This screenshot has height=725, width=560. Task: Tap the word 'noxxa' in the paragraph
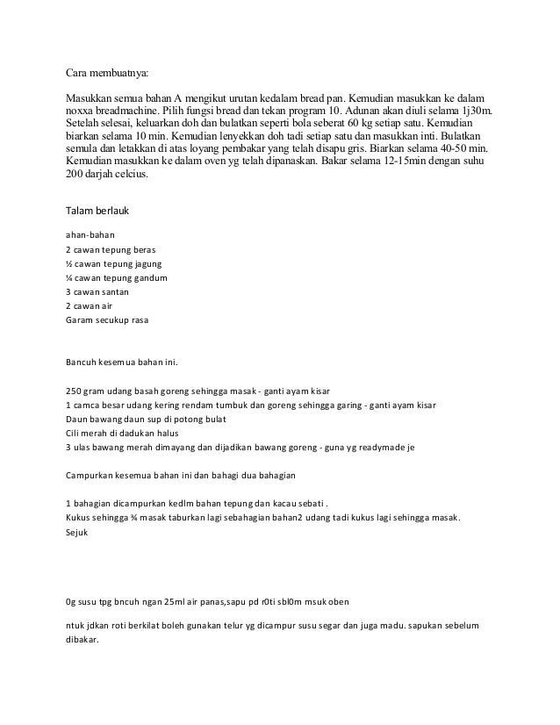click(83, 113)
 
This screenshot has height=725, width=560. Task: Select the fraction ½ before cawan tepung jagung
click(69, 263)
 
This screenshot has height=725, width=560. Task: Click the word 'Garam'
click(79, 319)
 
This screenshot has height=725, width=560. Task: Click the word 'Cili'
click(73, 433)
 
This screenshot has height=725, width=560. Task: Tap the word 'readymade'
click(384, 447)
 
